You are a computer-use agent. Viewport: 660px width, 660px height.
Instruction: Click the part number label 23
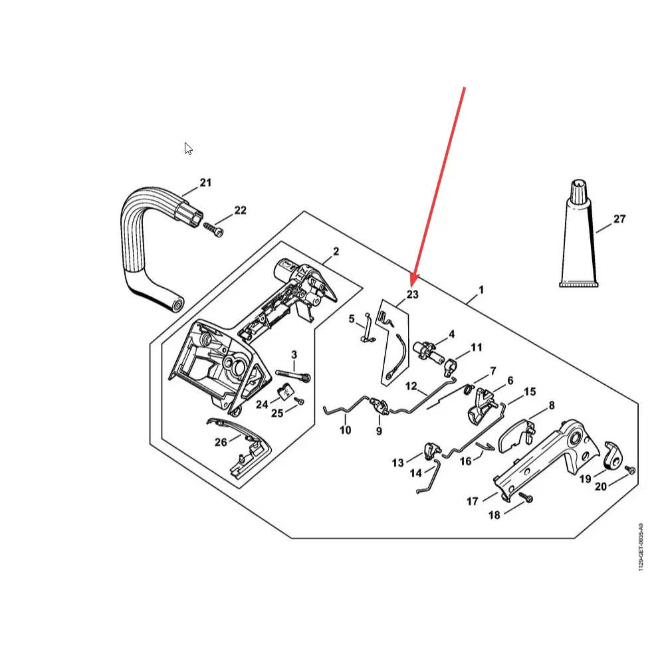[413, 294]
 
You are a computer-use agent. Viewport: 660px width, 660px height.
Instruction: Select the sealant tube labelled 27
[579, 234]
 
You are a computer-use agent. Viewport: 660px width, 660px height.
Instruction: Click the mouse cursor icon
[188, 149]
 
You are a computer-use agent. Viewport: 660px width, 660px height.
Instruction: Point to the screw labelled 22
[213, 230]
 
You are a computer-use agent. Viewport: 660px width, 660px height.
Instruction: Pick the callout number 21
[205, 183]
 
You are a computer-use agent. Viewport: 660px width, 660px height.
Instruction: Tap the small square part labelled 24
[286, 393]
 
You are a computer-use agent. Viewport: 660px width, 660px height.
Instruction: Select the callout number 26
[221, 442]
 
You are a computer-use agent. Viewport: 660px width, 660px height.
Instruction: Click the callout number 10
[345, 430]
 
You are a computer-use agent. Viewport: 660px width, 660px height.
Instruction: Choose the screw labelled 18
[526, 498]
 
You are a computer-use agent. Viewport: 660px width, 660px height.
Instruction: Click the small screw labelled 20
[630, 470]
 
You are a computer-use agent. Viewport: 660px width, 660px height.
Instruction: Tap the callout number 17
[473, 501]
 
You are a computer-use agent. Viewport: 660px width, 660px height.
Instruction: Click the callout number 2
[336, 251]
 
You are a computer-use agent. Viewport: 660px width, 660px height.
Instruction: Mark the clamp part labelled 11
[450, 367]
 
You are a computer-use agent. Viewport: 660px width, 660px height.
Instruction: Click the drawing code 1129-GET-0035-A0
[641, 547]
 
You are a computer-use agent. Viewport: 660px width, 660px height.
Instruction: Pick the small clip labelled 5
[368, 329]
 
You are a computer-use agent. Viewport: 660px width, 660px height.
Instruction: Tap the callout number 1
[481, 290]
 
